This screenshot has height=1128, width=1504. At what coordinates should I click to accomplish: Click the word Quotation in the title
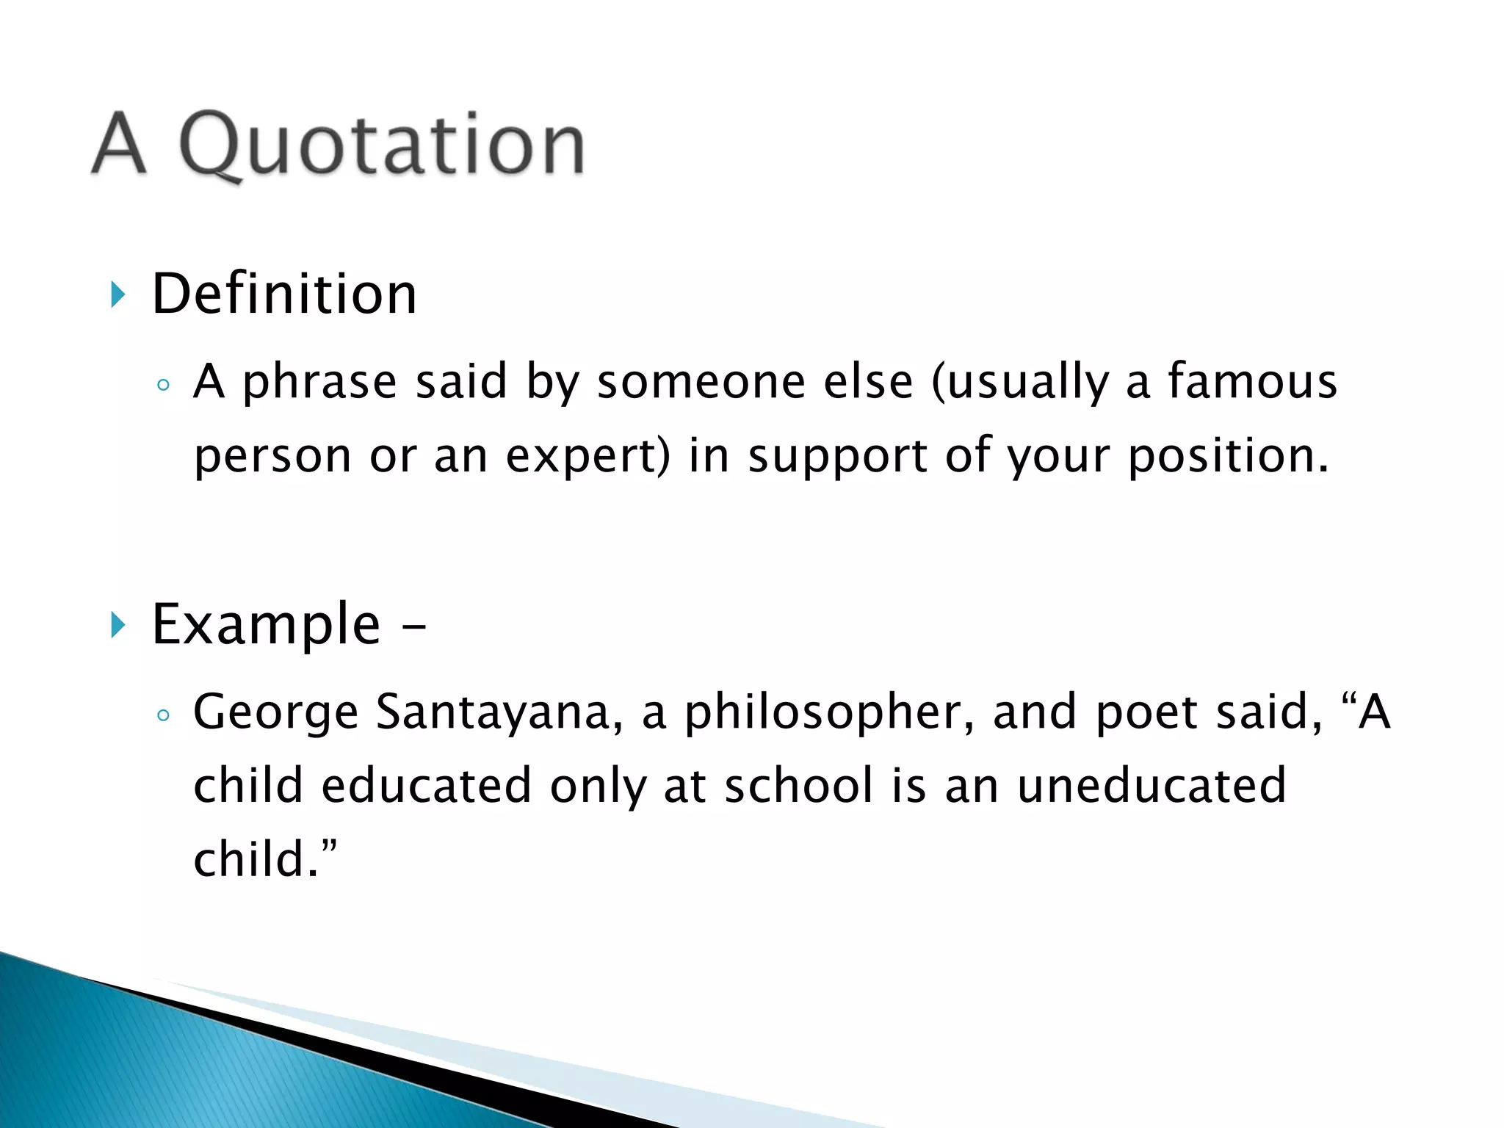point(382,145)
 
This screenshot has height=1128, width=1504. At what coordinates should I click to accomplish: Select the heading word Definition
point(284,294)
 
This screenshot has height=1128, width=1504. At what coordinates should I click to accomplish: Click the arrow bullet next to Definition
point(118,294)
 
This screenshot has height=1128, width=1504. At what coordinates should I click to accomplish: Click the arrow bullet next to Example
point(118,625)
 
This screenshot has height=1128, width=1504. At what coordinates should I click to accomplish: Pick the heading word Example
point(266,624)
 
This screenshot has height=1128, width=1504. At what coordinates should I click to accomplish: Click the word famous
point(1253,381)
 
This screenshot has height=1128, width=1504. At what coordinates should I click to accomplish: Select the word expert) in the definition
point(588,456)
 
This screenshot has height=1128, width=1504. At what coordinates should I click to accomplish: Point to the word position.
point(1228,456)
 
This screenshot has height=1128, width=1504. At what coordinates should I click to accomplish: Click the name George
point(275,713)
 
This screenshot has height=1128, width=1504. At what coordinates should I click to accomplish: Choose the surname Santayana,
point(499,713)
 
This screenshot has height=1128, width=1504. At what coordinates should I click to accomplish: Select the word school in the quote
point(800,786)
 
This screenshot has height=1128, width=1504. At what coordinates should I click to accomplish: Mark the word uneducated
point(1151,786)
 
